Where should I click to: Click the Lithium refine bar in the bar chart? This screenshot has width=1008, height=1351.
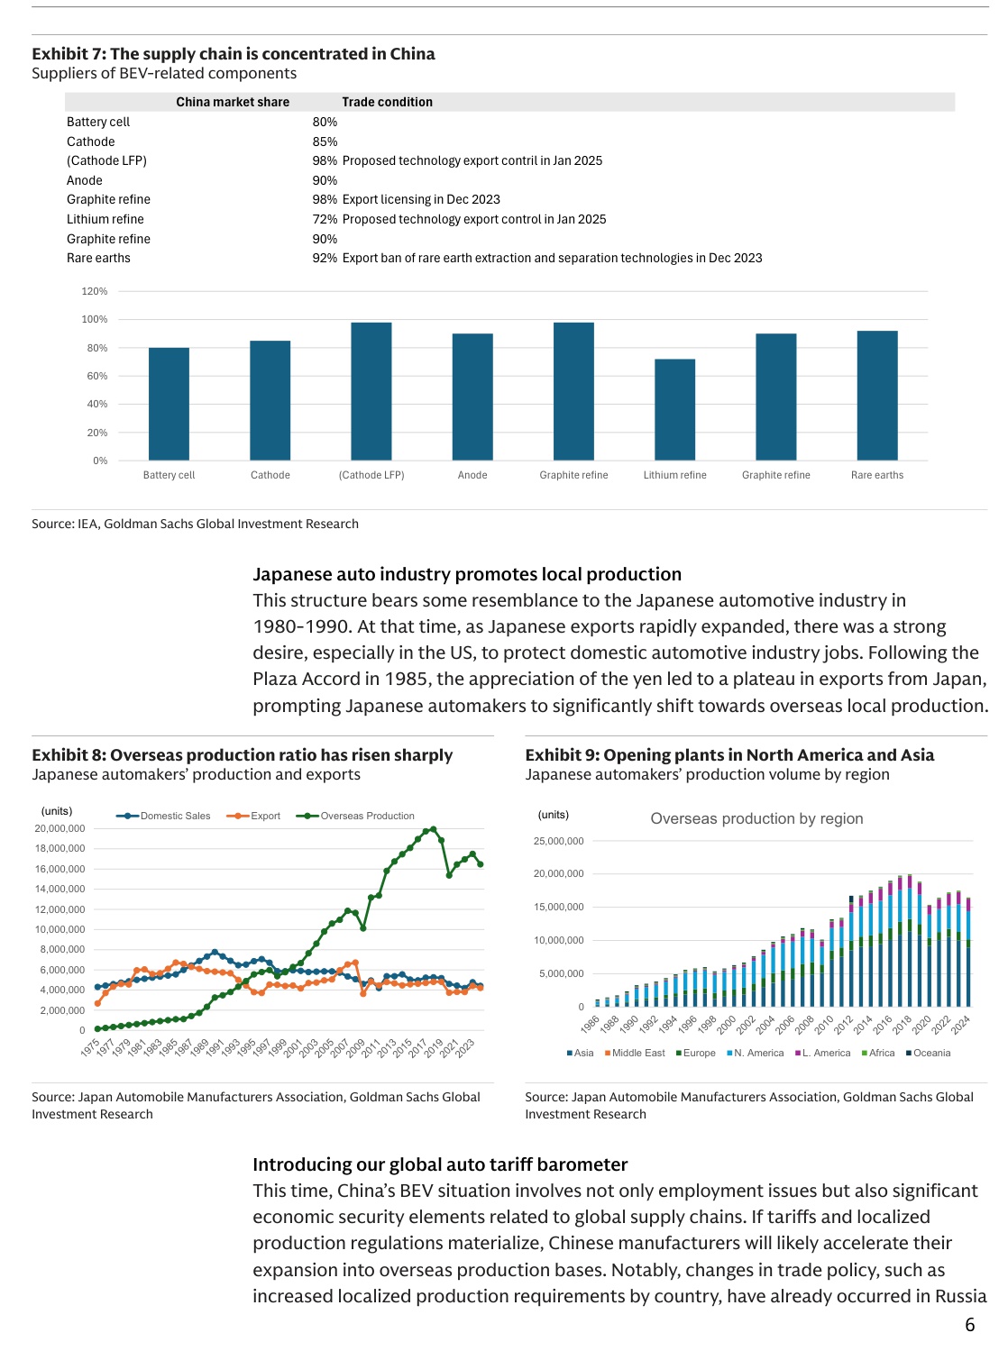[674, 410]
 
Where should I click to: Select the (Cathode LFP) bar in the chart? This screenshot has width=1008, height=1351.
[371, 391]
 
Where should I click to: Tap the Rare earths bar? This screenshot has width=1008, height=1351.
[877, 396]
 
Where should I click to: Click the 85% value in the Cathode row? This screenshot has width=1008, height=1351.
[325, 141]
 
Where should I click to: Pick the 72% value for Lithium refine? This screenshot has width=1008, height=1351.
[325, 219]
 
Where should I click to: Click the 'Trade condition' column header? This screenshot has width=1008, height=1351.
[387, 102]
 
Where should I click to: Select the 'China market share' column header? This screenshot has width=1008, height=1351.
[233, 102]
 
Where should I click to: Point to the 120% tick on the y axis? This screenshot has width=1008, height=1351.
[95, 291]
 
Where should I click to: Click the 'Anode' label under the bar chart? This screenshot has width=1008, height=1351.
[472, 475]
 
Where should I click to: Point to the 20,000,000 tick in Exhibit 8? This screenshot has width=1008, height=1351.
[60, 828]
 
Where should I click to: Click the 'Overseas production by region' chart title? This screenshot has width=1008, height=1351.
[756, 818]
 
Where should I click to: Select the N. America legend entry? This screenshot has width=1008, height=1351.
[756, 1053]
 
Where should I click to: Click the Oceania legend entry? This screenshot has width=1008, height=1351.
[929, 1053]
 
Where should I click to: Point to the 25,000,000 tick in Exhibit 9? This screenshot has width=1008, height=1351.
[559, 841]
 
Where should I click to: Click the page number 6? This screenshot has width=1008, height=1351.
[970, 1324]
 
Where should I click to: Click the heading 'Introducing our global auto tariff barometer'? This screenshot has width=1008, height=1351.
[440, 1164]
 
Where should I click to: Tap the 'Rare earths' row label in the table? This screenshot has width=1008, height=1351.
[98, 258]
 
